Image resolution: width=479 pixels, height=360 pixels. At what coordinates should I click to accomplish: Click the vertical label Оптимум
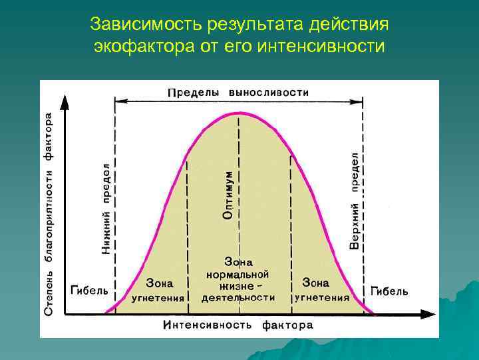point(228,195)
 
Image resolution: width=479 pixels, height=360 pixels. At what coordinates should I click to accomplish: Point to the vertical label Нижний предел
point(106,208)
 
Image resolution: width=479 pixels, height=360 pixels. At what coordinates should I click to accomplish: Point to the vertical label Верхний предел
point(355,200)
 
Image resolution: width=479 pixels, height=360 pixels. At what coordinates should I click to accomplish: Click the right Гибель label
point(389,291)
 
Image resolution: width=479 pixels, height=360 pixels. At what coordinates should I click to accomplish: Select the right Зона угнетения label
point(323,290)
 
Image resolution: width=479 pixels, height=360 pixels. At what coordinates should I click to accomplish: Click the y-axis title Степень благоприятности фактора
point(49,213)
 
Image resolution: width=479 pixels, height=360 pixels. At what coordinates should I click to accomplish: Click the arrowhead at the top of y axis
point(65,101)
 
